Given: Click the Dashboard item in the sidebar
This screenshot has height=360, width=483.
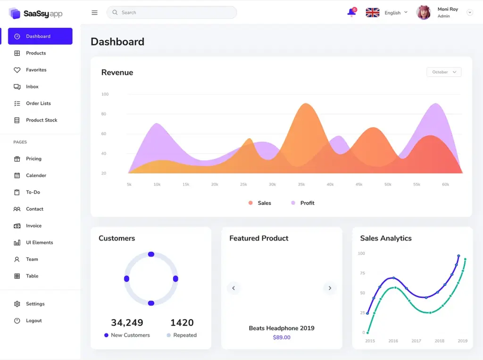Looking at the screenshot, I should [40, 36].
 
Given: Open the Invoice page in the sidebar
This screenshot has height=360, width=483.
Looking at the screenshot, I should [33, 226].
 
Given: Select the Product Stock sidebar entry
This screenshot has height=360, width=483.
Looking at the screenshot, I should [41, 120].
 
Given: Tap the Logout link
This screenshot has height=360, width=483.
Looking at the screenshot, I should [33, 320].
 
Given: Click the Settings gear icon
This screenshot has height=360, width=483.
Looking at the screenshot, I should [17, 304].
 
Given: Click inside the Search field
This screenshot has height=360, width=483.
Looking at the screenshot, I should [175, 13].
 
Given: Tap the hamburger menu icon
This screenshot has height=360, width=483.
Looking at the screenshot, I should [94, 13].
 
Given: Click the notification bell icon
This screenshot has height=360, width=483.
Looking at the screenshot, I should [351, 13].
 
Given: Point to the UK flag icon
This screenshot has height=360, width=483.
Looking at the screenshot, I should [373, 13].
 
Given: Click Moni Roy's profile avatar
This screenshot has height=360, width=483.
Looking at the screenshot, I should [424, 13].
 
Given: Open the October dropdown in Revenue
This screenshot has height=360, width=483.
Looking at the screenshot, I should [444, 72].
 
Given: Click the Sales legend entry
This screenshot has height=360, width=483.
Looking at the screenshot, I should [264, 203].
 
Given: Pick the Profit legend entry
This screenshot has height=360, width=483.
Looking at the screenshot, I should [307, 203].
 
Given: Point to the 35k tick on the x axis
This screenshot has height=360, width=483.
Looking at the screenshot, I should [301, 184].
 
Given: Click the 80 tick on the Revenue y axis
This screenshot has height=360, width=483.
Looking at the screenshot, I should [104, 114].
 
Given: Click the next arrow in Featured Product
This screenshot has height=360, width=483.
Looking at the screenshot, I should [330, 288].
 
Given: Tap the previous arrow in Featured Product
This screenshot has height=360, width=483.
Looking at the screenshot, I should [233, 288].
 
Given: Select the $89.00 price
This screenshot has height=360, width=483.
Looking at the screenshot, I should [282, 337].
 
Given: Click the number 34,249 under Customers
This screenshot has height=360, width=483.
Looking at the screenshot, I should [127, 323].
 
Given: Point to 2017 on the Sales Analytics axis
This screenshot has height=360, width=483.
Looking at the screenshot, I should [416, 341].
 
